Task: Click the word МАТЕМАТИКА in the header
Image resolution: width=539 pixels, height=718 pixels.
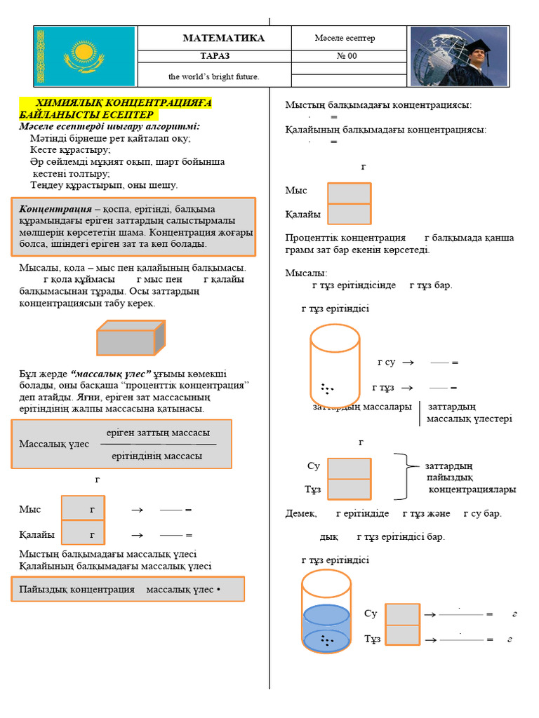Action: pos(224,38)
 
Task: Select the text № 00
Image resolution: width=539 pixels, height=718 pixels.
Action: pos(347,56)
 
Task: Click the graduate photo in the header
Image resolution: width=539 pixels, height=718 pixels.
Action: pos(458,56)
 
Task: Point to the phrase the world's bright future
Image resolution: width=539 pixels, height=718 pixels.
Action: pos(213,76)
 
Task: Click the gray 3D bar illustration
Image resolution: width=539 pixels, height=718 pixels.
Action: pos(131,339)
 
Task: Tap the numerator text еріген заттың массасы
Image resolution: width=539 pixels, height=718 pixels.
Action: pos(158,433)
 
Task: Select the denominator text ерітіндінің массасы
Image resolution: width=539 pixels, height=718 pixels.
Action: pos(157,456)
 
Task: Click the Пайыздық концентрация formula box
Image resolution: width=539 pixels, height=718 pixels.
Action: pos(128,590)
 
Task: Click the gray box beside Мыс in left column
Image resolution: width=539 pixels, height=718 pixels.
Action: pos(83,508)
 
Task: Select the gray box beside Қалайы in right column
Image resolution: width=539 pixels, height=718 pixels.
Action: pos(350,214)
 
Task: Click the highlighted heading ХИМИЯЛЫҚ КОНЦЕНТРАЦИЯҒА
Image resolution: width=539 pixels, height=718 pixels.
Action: pos(115,103)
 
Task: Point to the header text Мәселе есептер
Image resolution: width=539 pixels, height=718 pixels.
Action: pos(345,38)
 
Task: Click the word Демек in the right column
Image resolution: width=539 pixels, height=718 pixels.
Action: pos(301,513)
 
